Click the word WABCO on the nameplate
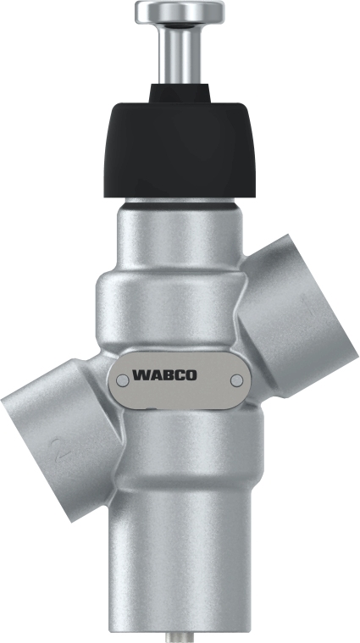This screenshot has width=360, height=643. (164, 374)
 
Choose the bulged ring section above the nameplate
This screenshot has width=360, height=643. (169, 309)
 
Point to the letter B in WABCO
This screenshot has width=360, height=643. (164, 374)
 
